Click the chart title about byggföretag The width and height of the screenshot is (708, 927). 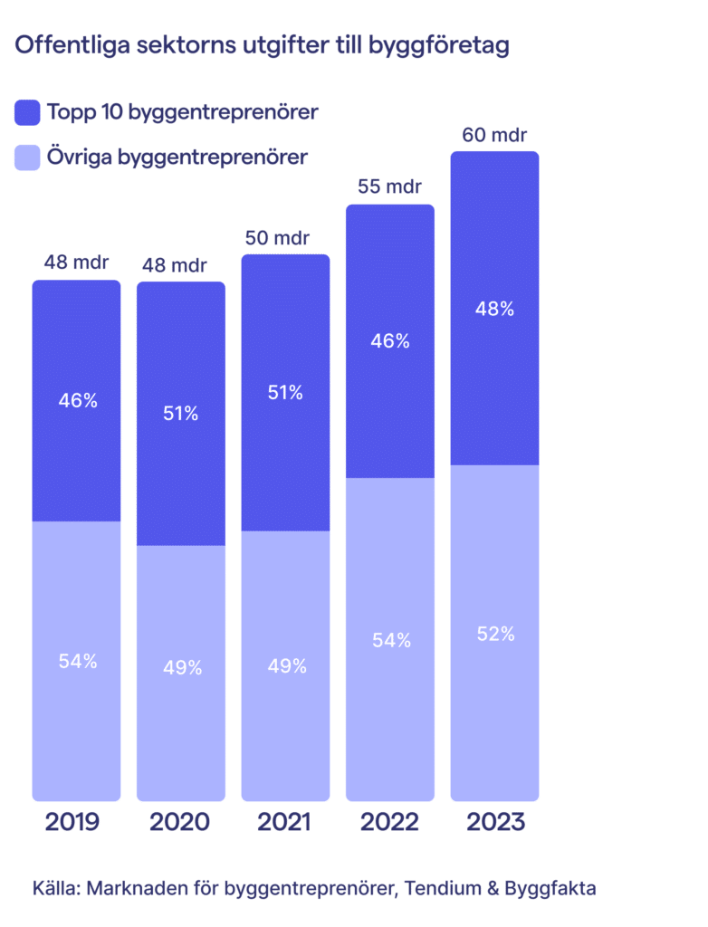(263, 46)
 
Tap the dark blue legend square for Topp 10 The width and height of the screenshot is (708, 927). (28, 112)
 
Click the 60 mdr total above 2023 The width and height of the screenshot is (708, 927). (494, 136)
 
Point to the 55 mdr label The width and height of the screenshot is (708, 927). (389, 189)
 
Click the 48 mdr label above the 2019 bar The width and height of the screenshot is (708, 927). (76, 264)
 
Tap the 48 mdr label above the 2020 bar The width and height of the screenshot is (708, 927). (180, 266)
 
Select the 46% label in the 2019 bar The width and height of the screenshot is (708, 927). (77, 399)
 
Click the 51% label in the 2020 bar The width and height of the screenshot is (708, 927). (181, 414)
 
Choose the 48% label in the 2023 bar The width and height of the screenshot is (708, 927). (494, 309)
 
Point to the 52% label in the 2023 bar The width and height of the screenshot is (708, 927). (495, 634)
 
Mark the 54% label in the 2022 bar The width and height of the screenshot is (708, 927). (391, 640)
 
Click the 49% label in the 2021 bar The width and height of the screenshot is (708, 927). (286, 666)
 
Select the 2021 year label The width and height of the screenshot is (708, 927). (283, 822)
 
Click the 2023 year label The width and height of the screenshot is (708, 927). (495, 822)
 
